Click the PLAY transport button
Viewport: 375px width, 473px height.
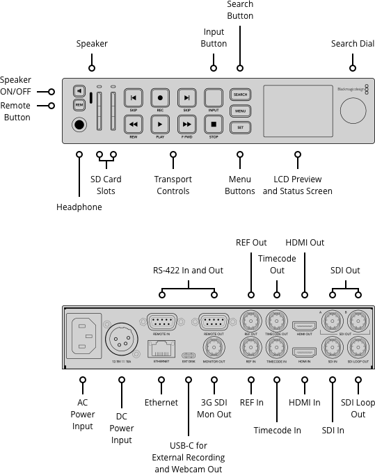(160, 125)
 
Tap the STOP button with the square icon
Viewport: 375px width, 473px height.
(214, 125)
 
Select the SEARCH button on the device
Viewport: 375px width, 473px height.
(241, 94)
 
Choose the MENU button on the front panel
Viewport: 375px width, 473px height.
(241, 111)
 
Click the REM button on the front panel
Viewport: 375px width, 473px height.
(79, 105)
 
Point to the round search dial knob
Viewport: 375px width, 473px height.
(353, 110)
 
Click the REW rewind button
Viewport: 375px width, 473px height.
(134, 125)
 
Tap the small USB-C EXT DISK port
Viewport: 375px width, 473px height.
(189, 353)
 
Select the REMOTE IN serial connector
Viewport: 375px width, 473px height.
(162, 322)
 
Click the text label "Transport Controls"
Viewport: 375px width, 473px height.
(173, 185)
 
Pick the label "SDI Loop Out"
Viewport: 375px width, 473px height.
(358, 408)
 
